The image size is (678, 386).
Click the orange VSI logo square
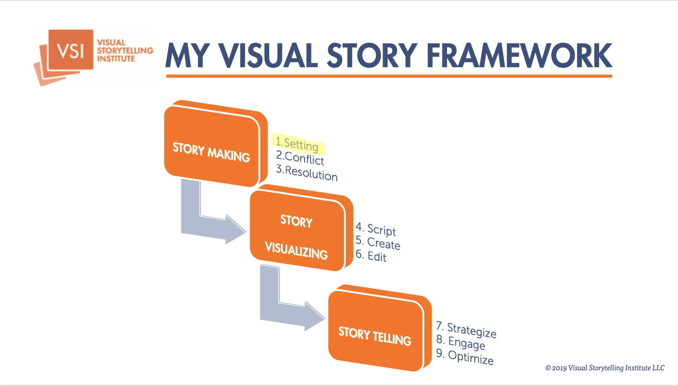(x=71, y=49)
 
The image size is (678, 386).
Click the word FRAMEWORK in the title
(x=519, y=55)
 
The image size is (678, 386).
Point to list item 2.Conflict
(x=300, y=158)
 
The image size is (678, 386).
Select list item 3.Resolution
(x=307, y=173)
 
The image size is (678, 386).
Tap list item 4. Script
(x=376, y=229)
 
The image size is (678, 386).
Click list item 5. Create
(x=378, y=243)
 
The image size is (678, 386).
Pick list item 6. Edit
(x=371, y=256)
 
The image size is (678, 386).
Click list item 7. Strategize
(x=466, y=330)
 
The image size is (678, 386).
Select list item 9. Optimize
(x=465, y=357)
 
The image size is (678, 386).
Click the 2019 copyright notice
(x=605, y=368)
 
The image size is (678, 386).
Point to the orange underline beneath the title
(x=389, y=76)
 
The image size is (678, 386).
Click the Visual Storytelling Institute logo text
(x=125, y=51)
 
